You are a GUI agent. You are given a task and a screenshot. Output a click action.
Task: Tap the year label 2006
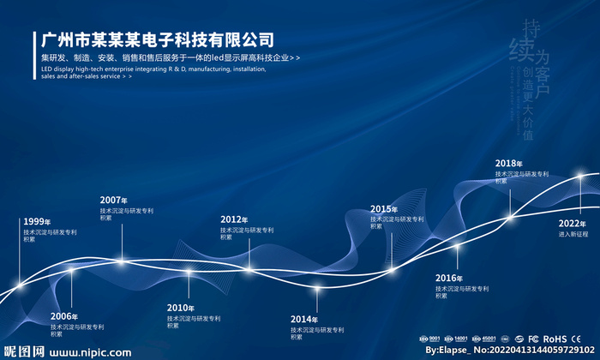[63, 317]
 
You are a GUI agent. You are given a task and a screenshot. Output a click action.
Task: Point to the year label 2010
[180, 308]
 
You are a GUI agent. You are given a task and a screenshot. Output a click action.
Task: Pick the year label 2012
[234, 220]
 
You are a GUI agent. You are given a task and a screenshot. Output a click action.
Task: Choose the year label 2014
[303, 320]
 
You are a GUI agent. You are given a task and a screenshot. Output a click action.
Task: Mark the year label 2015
[384, 209]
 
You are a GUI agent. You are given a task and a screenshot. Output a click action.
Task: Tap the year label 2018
[509, 164]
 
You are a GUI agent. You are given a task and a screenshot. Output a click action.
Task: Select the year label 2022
[573, 224]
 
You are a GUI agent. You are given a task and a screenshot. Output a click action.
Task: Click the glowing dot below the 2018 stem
[510, 217]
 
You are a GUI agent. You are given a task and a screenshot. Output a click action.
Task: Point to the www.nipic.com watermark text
[90, 352]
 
